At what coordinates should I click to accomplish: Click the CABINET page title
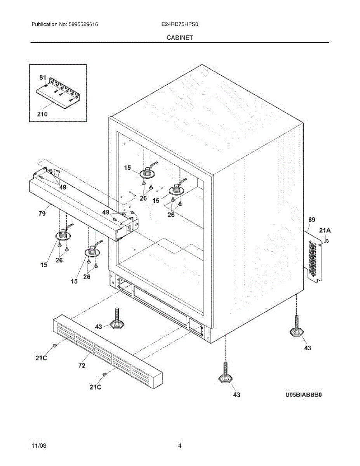coord(180,38)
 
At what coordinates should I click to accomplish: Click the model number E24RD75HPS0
coord(180,24)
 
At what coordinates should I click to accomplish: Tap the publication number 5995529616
coord(83,24)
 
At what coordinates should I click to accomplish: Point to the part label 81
coord(42,77)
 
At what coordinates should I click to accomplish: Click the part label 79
coord(42,213)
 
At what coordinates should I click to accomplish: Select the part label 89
coord(311,220)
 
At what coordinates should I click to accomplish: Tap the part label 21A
coord(325,231)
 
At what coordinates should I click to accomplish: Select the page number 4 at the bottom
coord(180,445)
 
